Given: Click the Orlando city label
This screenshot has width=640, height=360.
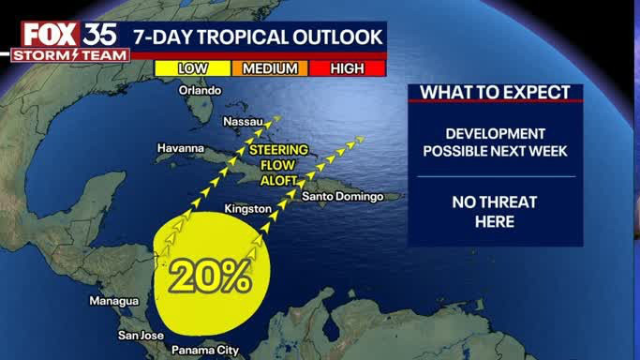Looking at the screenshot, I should [201, 91].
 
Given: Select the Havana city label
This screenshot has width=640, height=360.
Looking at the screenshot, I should [181, 148].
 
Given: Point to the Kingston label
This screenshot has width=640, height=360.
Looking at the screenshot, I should [248, 208].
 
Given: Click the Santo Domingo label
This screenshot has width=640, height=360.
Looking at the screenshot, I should [343, 196].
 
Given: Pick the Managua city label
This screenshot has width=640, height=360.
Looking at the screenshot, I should [113, 301].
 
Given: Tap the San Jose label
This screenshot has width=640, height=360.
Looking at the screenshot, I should [141, 335].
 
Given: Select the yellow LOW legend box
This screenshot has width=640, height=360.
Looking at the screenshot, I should [193, 67].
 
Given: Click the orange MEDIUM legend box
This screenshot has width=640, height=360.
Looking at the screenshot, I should [270, 67].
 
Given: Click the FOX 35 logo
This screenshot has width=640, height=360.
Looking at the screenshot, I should [68, 35].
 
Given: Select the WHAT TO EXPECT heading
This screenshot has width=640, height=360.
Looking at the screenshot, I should [495, 92].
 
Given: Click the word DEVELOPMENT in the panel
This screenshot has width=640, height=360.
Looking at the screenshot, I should [495, 134].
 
